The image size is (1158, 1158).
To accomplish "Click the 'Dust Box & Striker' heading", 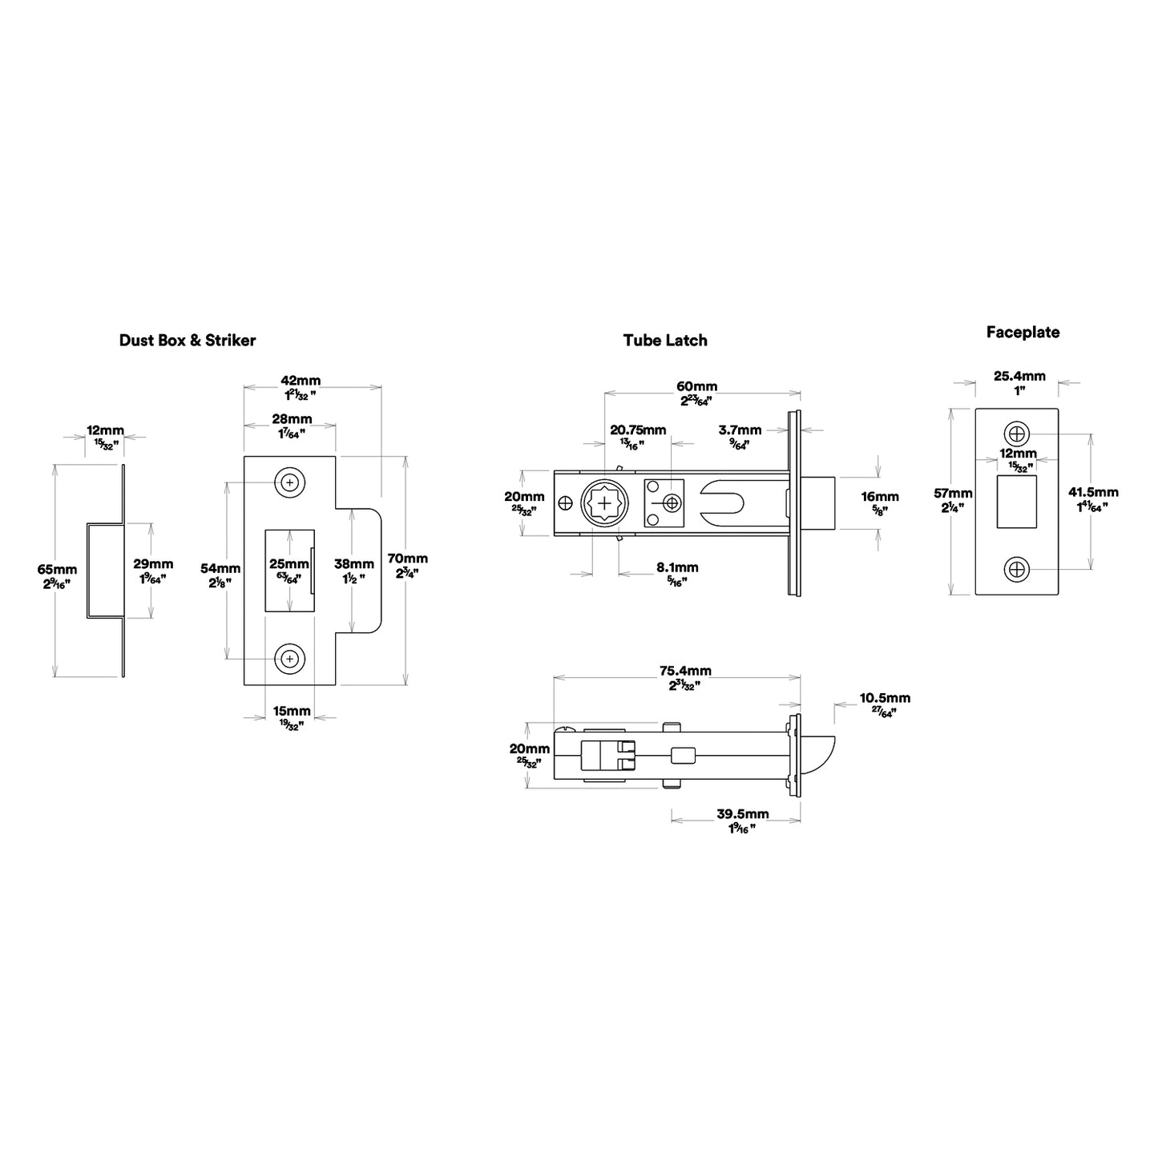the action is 187,340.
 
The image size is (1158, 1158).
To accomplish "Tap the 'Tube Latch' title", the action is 664,340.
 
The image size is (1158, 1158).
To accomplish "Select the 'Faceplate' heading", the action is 1023,333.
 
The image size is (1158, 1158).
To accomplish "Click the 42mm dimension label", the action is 301,381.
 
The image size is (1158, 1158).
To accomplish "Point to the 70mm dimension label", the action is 407,559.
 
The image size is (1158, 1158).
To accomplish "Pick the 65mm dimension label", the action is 57,569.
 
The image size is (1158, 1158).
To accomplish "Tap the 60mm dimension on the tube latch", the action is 696,385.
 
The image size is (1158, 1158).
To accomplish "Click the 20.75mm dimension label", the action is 638,430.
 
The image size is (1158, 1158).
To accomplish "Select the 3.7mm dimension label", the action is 740,430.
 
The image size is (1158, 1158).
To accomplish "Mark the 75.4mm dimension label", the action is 685,671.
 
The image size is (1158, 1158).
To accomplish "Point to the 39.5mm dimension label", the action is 743,813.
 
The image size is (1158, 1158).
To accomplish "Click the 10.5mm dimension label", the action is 885,698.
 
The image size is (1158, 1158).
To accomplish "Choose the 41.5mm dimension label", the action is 1093,492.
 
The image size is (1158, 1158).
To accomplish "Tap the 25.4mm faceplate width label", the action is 1019,376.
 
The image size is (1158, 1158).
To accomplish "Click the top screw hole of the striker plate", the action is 289,482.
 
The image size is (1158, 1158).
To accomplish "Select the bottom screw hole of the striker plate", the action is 289,659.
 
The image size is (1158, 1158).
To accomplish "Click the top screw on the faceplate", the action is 1017,434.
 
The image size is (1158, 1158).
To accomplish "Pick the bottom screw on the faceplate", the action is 1017,569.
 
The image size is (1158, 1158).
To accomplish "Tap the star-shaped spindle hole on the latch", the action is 604,503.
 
